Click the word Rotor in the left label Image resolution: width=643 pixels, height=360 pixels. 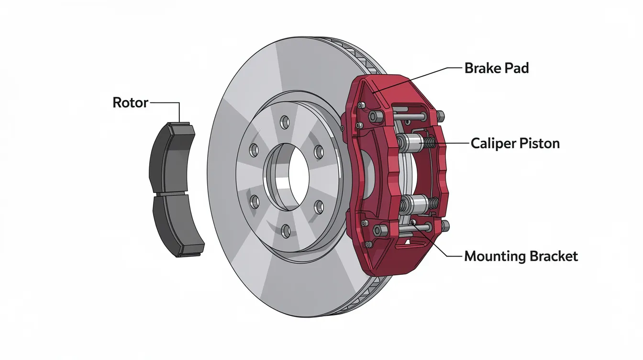(x=130, y=102)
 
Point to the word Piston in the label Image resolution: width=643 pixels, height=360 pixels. (x=541, y=143)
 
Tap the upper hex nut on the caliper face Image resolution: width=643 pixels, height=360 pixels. (x=374, y=115)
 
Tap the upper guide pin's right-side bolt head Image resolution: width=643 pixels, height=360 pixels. (x=440, y=115)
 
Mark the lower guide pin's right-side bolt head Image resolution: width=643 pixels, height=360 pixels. (x=445, y=225)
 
